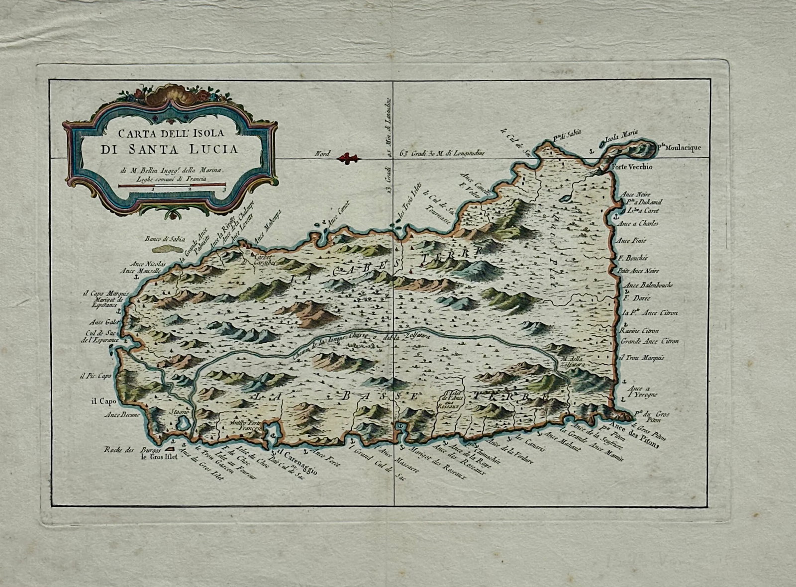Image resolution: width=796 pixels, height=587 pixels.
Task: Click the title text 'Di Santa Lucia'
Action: (x=169, y=148)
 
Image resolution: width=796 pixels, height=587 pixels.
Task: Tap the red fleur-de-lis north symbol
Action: (x=347, y=159)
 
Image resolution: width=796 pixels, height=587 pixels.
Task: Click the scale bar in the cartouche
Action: (x=172, y=185)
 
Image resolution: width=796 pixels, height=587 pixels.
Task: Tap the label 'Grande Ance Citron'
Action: (x=649, y=342)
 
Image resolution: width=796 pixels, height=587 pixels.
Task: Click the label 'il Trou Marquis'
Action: (x=642, y=358)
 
